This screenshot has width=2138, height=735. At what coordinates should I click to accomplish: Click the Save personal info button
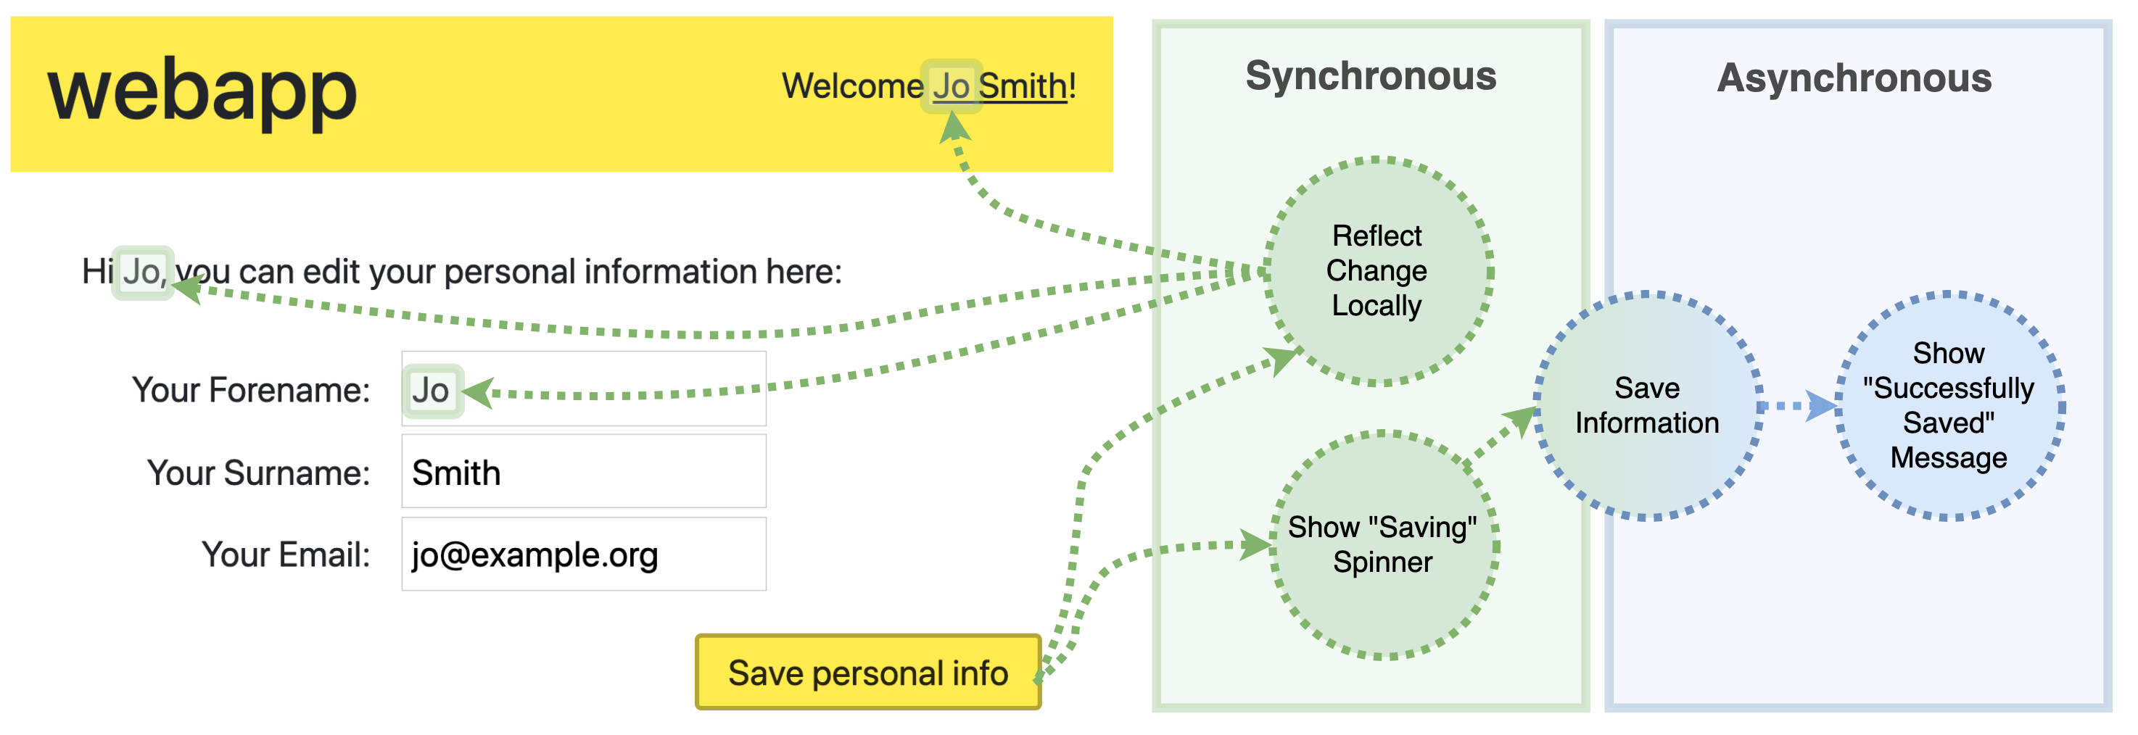coord(867,673)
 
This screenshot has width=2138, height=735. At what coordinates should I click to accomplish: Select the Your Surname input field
coord(584,472)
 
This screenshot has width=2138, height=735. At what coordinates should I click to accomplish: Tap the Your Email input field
coord(584,555)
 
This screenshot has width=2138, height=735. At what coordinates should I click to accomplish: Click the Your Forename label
coord(251,390)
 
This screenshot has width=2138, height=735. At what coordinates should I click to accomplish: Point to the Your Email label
coord(286,555)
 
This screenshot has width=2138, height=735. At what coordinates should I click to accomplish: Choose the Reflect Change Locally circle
coord(1377,271)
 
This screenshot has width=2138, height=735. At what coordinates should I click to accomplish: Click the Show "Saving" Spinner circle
coord(1383,545)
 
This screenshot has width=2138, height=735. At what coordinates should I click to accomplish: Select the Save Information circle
coord(1647,406)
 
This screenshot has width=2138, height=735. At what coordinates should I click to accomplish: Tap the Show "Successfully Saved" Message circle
coord(1948,406)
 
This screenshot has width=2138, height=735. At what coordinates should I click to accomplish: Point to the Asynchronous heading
coord(1854,78)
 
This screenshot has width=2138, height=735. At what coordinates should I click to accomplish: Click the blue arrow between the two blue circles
coord(1817,406)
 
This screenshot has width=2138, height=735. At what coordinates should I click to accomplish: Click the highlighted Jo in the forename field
coord(432,391)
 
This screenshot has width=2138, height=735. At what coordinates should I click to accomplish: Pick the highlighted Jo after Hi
coord(143,272)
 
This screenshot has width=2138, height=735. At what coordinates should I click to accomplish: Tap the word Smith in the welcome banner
coord(1023,86)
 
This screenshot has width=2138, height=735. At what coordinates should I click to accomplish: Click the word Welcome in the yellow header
coord(851,86)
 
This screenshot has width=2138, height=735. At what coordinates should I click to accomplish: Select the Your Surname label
coord(258,473)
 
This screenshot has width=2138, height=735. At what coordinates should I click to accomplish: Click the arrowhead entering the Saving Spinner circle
coord(1255,545)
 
